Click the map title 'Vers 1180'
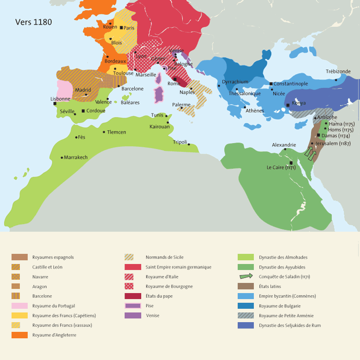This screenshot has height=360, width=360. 34,22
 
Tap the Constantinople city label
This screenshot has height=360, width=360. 291,84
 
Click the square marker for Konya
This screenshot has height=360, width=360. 288,105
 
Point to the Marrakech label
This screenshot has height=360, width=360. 76,157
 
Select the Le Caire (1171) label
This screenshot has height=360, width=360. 281,168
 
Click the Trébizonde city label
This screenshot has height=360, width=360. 338,72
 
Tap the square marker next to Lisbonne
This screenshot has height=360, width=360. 55,103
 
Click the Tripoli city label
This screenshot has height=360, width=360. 180,142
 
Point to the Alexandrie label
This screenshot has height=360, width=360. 284,145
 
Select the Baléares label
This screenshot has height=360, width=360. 130,102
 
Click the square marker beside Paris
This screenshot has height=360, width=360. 121,28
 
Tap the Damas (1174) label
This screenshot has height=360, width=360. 336,136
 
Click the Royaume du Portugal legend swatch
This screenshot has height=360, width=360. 20,306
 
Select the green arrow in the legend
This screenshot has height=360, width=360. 246,276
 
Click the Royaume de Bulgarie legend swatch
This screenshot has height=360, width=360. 246,306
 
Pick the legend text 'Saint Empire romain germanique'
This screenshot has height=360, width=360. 178,267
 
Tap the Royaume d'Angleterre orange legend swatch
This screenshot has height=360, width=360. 20,335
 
